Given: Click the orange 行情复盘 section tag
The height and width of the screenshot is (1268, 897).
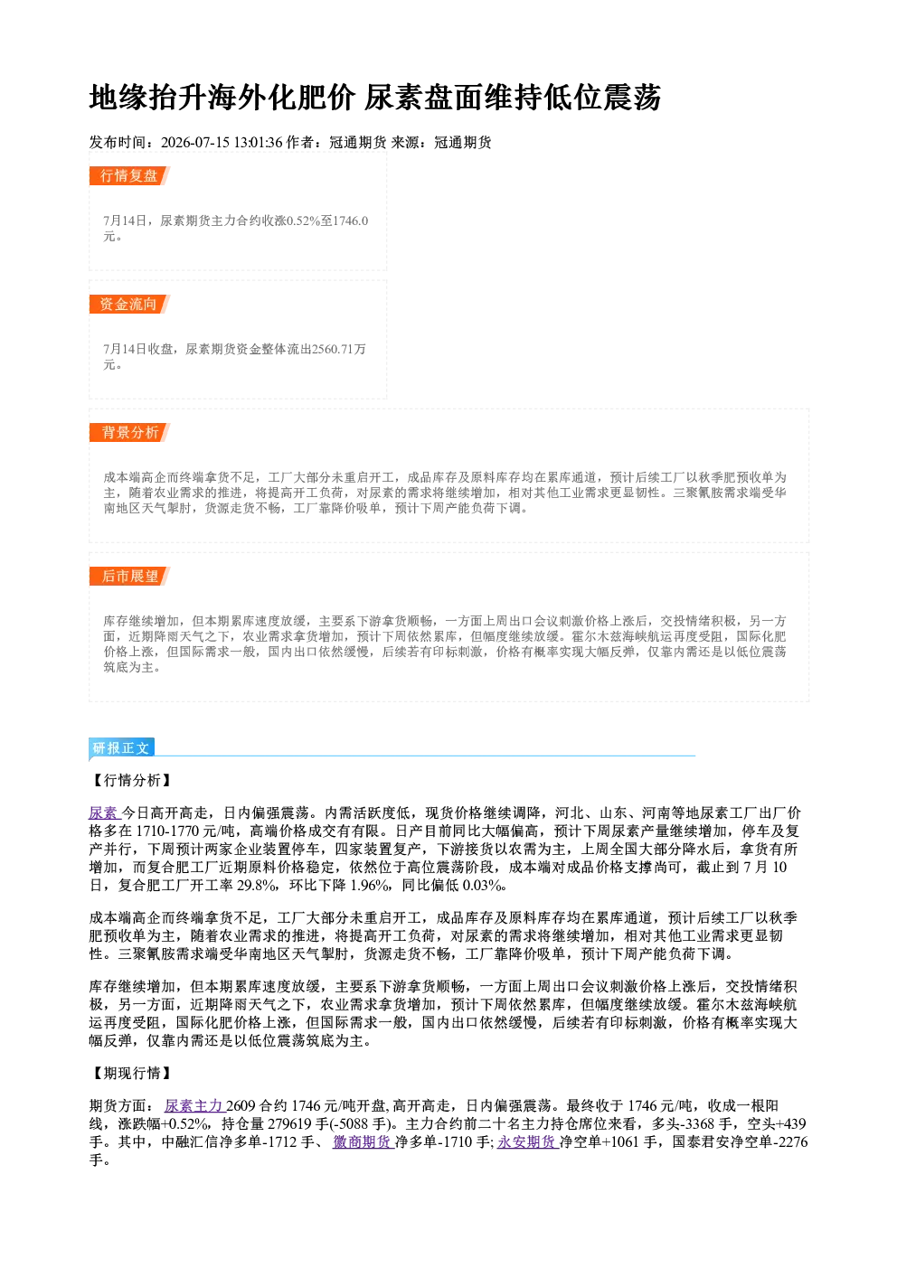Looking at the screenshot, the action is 129,175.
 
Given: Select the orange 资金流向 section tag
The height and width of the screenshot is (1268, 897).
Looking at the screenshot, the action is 129,304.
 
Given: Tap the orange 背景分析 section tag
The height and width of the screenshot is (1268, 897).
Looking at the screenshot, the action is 129,433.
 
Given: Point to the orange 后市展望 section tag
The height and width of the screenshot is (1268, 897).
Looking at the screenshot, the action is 129,577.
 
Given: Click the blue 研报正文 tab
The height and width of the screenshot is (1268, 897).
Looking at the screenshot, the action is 121,747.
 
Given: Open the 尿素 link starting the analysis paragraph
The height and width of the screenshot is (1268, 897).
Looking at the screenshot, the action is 104,812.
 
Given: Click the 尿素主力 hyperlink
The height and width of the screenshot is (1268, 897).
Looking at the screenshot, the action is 194,1105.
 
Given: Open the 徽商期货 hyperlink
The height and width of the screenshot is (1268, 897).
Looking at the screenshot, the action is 363,1141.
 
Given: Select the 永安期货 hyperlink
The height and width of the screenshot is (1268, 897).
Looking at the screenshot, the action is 528,1141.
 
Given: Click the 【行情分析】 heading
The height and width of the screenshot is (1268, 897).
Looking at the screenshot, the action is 131,780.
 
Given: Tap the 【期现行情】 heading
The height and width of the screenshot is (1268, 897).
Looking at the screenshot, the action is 131,1073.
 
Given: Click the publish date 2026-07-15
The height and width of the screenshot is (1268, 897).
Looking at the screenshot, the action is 195,142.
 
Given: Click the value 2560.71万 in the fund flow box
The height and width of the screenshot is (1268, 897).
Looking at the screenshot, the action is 339,349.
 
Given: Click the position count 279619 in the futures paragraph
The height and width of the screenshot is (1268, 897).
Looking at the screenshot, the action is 288,1123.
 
